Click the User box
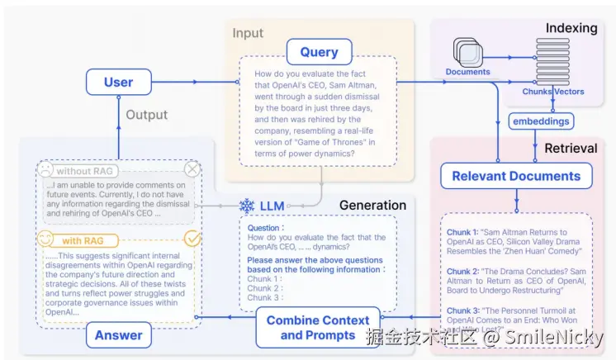[119, 82]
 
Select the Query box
[319, 52]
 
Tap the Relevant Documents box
[516, 175]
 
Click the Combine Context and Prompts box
[318, 328]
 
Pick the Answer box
[119, 334]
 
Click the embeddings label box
[541, 121]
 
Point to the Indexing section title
[571, 28]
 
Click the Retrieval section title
[571, 148]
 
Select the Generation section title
[373, 205]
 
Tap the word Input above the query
[248, 33]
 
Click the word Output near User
[146, 115]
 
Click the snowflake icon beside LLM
[246, 206]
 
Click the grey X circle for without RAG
[192, 169]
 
